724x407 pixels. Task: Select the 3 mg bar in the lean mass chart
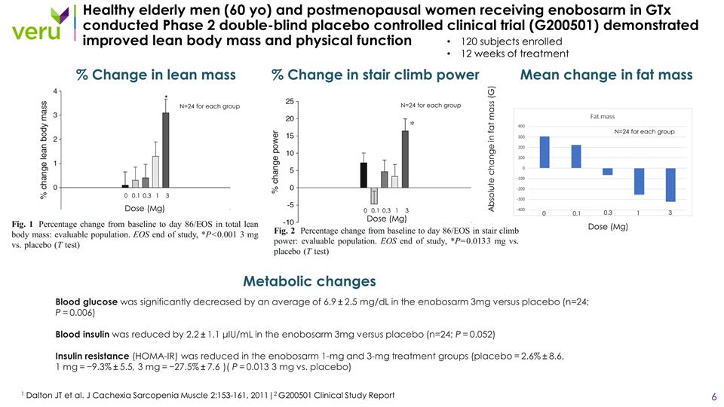tap(165, 149)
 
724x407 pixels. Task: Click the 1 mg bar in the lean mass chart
tap(155, 171)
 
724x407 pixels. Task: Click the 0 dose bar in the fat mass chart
tap(545, 152)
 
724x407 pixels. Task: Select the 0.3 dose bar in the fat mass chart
tap(608, 171)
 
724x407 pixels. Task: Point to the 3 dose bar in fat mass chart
tap(670, 185)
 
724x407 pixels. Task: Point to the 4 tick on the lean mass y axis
tap(55, 91)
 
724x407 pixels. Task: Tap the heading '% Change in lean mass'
tap(156, 75)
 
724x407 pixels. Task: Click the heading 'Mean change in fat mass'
tap(606, 75)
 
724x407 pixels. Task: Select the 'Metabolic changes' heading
tap(309, 282)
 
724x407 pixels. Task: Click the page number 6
tap(713, 396)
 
